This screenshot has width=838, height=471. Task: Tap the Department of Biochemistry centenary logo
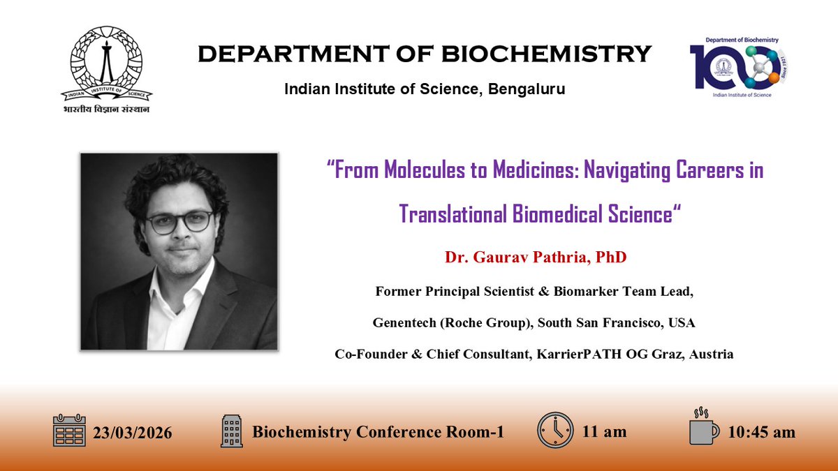pos(744,66)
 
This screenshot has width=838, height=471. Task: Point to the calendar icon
pos(69,431)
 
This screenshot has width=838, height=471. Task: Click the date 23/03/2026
pos(133,433)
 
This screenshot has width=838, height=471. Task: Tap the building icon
pos(231,431)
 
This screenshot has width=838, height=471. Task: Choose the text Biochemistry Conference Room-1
pos(378,432)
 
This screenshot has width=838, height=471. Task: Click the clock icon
pos(555,430)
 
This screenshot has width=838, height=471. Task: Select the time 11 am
pos(604,432)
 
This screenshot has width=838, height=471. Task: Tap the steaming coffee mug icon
pos(703,427)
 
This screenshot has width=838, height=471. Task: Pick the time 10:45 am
pos(761,433)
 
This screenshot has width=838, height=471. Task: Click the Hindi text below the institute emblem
pos(105,109)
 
